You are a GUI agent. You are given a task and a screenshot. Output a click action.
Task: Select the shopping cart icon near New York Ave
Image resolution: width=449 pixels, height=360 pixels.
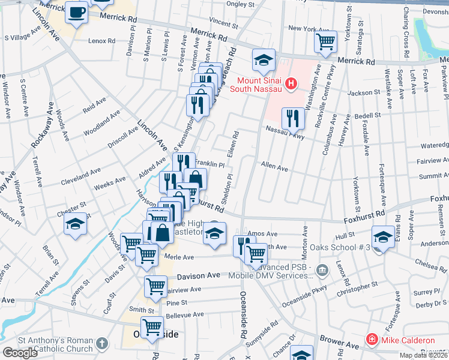click(325, 41)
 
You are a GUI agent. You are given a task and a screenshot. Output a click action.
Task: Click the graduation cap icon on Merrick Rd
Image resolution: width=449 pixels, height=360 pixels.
click(264, 59)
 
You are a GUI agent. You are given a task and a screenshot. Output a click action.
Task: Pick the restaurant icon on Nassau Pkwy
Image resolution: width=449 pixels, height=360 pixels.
click(293, 118)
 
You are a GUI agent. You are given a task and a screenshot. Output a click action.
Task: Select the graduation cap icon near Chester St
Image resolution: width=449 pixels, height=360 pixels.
click(76, 223)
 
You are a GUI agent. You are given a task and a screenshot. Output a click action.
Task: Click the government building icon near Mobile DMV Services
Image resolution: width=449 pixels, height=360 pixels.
click(323, 270)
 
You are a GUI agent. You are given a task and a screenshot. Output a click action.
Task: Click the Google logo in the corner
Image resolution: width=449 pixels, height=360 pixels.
click(20, 353)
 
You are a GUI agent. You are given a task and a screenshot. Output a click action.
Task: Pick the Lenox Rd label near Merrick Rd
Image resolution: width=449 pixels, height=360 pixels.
click(101, 41)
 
